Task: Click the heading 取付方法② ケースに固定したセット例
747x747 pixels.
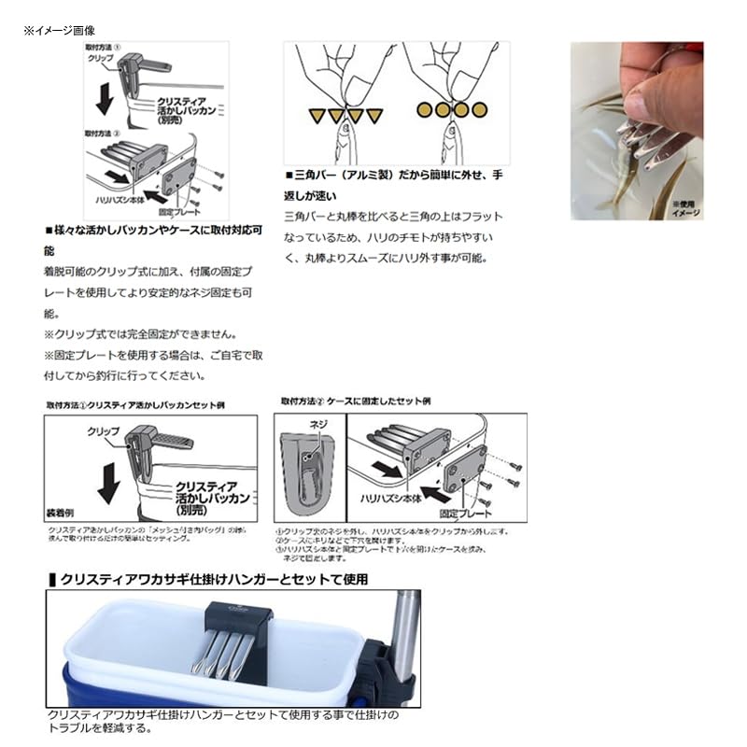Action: click(356, 401)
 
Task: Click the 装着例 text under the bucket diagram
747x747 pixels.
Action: click(61, 514)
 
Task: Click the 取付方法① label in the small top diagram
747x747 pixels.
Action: click(102, 45)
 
